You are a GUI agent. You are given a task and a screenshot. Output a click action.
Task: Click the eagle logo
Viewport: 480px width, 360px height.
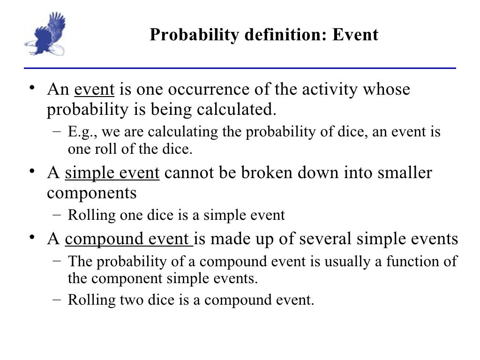[x=45, y=34]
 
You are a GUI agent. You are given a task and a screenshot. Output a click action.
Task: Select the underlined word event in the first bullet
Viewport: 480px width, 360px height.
[x=91, y=89]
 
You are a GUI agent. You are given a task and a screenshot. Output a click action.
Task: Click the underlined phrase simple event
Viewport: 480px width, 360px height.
[x=112, y=173]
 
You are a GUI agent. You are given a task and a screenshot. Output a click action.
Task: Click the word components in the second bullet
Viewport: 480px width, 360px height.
[x=92, y=193]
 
